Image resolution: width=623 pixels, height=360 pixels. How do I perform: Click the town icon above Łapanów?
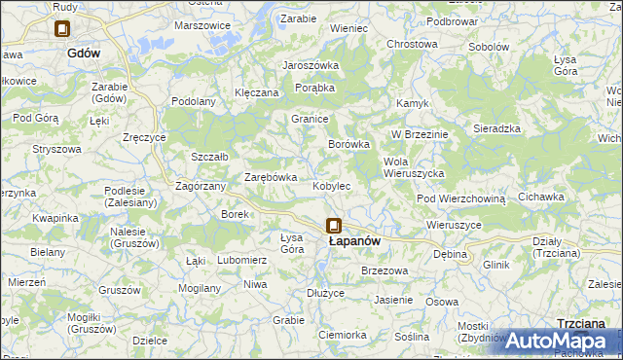coord(334,225)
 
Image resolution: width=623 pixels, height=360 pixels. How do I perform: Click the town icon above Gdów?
coord(63,30)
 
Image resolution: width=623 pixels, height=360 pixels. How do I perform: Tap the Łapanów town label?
coord(353,240)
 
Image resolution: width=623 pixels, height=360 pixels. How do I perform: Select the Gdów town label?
coord(85,54)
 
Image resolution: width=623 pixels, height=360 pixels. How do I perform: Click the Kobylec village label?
coord(331,186)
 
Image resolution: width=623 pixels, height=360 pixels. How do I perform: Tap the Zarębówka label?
coord(270,177)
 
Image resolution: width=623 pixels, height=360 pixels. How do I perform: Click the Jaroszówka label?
coord(310,65)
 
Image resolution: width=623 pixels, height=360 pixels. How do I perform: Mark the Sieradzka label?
coord(496,128)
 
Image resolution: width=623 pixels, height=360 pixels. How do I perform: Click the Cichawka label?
coord(541,197)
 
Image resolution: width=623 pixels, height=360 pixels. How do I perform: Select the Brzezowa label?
coord(383,270)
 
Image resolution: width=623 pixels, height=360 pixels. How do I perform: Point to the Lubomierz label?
coord(241,260)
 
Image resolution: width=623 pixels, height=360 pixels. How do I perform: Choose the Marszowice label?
coord(201,26)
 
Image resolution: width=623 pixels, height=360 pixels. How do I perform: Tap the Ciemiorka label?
coord(342,335)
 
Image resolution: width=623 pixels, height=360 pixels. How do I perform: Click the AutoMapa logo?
coord(562,341)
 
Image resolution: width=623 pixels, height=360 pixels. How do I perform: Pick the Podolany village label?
coord(193,101)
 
